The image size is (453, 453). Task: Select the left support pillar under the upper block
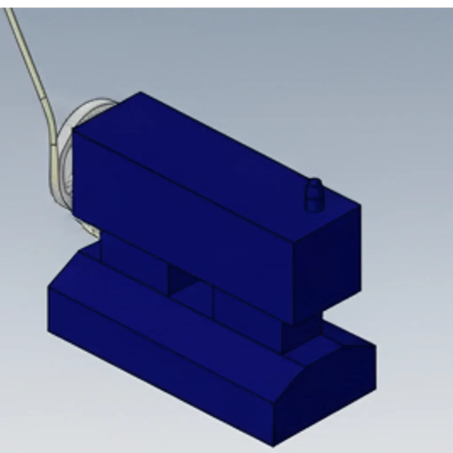pyautogui.click(x=133, y=261)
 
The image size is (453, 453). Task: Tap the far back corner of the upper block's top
pyautogui.click(x=141, y=92)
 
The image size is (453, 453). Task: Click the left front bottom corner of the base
pyautogui.click(x=49, y=330)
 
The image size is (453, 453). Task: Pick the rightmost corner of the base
pyautogui.click(x=376, y=389)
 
